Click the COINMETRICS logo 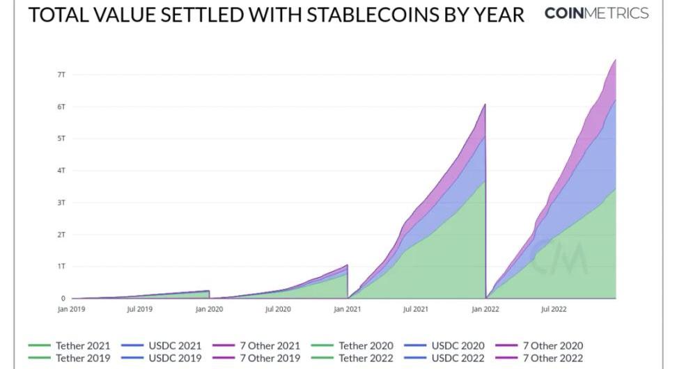(x=596, y=13)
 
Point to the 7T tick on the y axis (x=61, y=74)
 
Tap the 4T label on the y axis (x=61, y=171)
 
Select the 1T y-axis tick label (x=61, y=267)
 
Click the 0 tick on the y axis (x=63, y=299)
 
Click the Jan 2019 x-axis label (x=71, y=309)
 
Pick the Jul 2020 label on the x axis (x=279, y=309)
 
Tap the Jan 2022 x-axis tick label (x=485, y=309)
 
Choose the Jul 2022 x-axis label (x=554, y=309)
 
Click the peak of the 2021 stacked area (x=484, y=105)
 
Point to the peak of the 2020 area (x=346, y=265)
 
